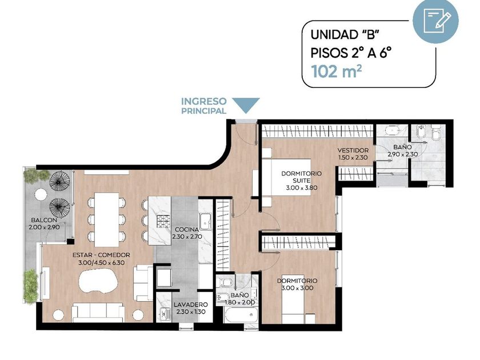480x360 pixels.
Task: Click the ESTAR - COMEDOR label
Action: click(102, 255)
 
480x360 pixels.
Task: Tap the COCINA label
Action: click(187, 230)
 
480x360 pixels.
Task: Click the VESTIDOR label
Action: click(353, 150)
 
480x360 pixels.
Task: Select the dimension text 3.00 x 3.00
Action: click(297, 289)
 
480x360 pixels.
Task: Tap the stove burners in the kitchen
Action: click(165, 221)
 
